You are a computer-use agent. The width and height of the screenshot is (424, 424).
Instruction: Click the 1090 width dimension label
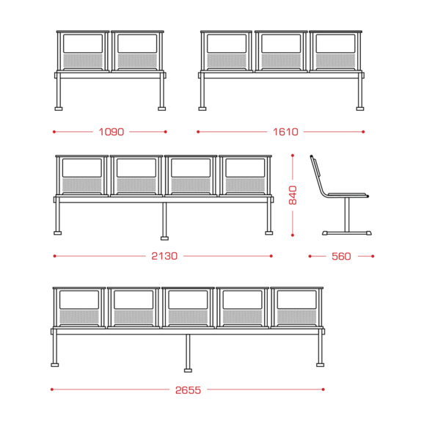click(112, 132)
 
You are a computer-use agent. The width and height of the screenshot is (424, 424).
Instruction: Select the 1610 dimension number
click(285, 132)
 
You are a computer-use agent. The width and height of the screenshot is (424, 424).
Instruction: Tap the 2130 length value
click(164, 256)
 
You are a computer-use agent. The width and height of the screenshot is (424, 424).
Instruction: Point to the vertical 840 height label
click(293, 195)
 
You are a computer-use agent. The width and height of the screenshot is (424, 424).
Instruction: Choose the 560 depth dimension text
click(341, 256)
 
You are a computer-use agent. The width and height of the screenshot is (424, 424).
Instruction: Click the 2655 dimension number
click(189, 390)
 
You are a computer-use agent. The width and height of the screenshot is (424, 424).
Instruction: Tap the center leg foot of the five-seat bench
click(188, 370)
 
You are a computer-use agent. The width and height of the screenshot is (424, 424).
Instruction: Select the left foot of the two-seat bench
click(59, 109)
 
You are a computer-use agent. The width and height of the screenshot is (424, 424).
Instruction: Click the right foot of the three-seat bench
click(360, 109)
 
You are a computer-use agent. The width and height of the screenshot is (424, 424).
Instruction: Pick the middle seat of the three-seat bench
click(281, 51)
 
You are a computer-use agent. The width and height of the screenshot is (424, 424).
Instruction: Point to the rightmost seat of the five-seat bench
click(297, 307)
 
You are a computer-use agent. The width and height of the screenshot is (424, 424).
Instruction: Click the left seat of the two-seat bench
click(83, 51)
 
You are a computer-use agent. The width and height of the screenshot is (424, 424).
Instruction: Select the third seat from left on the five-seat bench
click(188, 307)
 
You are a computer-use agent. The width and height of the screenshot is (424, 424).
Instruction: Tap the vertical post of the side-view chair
click(347, 214)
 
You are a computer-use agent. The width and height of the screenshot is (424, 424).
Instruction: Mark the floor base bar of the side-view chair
click(347, 233)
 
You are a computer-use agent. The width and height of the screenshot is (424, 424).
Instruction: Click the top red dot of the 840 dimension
click(293, 156)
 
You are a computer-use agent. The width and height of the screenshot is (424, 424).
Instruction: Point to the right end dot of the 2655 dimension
click(324, 390)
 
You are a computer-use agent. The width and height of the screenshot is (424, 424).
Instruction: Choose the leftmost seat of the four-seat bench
click(81, 176)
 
